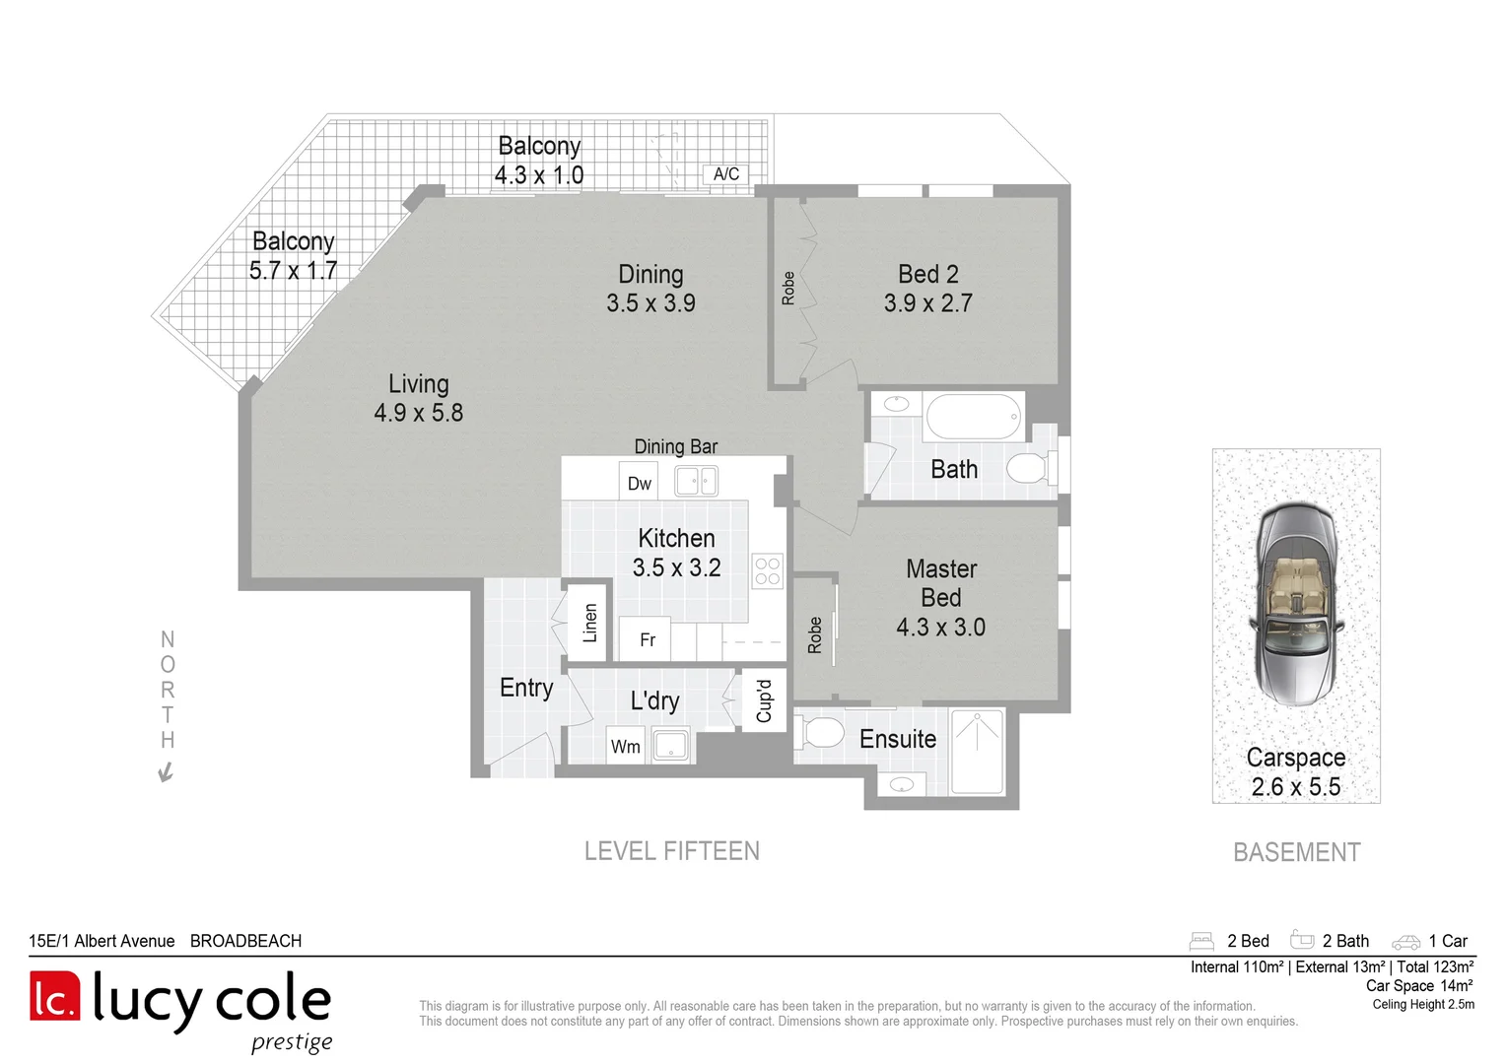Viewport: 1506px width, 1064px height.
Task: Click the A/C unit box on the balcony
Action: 725,174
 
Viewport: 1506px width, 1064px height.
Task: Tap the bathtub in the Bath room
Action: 974,417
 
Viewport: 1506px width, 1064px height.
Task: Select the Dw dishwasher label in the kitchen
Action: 639,483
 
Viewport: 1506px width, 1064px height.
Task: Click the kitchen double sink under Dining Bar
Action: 696,481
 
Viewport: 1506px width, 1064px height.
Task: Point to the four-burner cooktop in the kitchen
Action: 767,571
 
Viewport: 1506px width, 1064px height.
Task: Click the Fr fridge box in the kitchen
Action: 647,639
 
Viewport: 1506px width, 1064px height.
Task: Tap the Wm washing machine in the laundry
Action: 625,746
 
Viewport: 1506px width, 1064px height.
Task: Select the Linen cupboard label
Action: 589,623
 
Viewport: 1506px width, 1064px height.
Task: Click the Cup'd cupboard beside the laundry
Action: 764,700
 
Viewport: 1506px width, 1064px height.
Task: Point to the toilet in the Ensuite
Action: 822,732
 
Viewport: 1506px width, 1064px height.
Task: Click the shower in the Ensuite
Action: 977,751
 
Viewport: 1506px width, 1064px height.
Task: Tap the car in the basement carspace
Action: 1296,603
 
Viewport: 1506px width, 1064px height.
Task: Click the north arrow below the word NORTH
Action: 166,772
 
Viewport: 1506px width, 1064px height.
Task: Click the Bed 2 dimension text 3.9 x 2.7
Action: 927,303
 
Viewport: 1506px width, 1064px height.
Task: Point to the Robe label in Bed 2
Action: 787,288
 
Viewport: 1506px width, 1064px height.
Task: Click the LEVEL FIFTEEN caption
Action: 671,851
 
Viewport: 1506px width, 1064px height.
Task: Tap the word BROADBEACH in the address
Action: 245,941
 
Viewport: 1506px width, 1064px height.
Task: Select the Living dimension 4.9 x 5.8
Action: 418,413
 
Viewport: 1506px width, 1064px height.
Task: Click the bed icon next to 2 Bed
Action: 1200,941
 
